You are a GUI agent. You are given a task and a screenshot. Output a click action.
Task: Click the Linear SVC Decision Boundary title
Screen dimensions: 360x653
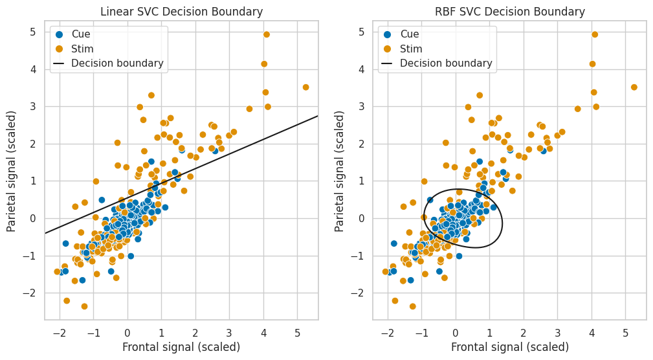point(181,12)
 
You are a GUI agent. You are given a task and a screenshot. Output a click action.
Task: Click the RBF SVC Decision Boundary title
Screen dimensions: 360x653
point(510,12)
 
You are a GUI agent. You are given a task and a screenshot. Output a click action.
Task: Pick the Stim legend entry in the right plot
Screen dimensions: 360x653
point(409,49)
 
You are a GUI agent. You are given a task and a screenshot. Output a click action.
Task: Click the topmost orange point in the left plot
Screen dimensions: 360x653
point(267,34)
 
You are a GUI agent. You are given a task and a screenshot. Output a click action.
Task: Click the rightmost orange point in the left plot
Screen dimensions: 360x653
point(305,87)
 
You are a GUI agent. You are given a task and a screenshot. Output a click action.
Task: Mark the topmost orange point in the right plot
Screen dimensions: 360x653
point(595,34)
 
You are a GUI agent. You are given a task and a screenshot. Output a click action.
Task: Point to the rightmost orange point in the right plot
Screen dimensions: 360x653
point(634,87)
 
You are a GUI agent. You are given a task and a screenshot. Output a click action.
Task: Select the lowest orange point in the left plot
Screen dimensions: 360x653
point(84,306)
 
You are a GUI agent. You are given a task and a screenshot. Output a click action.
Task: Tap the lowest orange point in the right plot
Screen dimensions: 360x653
point(412,306)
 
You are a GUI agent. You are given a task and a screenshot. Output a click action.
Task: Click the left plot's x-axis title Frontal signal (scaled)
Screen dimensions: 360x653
point(181,347)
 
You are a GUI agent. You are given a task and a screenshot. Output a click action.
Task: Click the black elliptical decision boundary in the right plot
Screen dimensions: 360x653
point(502,220)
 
